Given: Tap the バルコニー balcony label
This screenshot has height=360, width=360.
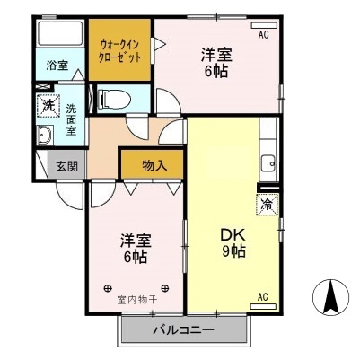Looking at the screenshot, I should point(182,330).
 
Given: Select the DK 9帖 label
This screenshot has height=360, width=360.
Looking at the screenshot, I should point(233,243).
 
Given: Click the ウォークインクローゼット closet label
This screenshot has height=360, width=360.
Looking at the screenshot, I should point(119,49).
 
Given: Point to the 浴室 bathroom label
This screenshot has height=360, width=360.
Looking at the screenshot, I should point(57,65).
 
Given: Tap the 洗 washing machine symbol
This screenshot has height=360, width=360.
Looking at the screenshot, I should point(48,106).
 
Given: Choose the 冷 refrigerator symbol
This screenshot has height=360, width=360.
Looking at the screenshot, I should point(266,204).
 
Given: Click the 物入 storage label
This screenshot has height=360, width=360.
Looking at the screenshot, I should point(154,166).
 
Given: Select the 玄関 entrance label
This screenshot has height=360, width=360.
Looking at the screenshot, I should point(66,166).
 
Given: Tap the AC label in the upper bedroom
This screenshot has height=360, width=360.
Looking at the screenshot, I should point(264,35).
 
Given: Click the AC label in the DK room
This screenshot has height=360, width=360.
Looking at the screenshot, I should point(264,296).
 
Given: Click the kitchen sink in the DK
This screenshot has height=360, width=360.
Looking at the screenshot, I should point(267,163).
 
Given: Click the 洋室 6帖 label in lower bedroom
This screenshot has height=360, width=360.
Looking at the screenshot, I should point(136,248).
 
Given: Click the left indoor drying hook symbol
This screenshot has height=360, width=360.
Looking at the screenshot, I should point(109,288).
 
